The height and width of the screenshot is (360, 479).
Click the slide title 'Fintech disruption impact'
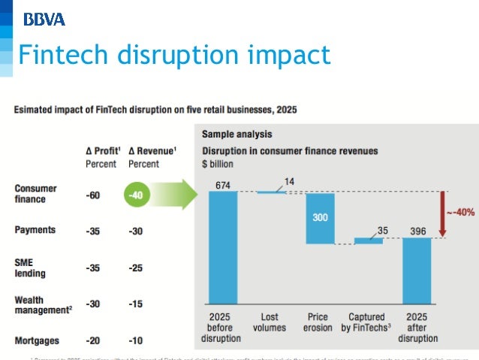[173, 55]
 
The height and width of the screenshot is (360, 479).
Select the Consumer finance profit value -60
[94, 195]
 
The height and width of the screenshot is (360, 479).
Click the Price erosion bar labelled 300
[320, 218]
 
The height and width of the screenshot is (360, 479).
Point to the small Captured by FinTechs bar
[368, 241]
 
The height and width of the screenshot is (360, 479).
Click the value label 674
[223, 185]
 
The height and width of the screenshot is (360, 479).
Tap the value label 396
[417, 230]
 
